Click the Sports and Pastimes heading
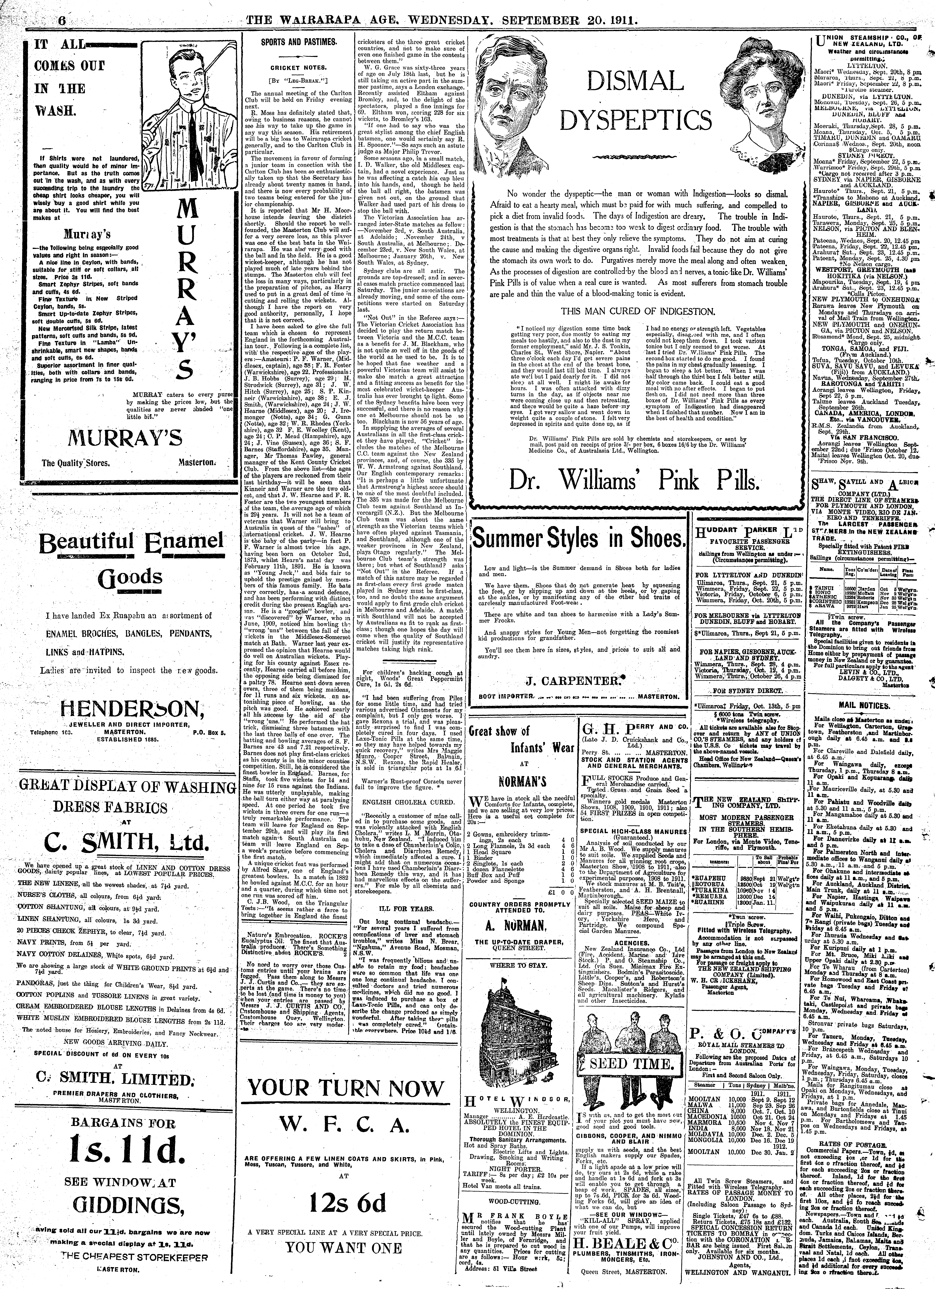[298, 42]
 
